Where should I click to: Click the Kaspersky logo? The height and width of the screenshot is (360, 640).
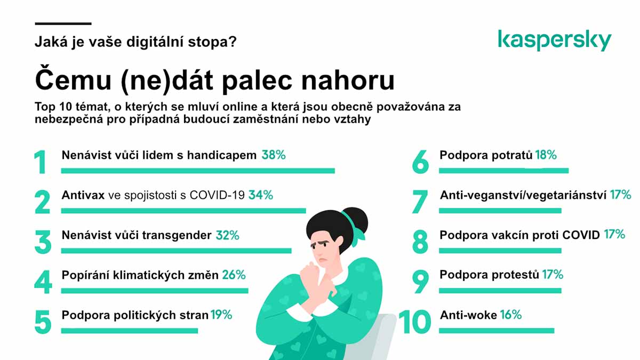(x=555, y=41)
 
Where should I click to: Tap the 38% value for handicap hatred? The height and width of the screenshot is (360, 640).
(x=274, y=155)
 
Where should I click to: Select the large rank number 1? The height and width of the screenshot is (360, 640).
(x=41, y=162)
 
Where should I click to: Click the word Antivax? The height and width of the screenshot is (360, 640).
(x=83, y=195)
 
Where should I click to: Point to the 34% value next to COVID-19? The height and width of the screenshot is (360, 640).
(x=261, y=195)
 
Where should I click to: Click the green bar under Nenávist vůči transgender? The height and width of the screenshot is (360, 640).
(x=177, y=251)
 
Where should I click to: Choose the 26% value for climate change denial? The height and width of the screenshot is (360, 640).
(x=234, y=275)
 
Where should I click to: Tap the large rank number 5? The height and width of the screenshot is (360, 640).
(x=43, y=322)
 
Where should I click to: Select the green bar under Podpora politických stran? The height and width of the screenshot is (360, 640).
(x=130, y=331)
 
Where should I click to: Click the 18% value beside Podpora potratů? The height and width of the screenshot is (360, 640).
(x=546, y=155)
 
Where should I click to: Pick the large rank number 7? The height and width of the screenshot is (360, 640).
(x=420, y=202)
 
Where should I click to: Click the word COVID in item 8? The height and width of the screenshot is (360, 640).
(x=581, y=235)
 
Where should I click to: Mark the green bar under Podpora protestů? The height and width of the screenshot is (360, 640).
(x=500, y=291)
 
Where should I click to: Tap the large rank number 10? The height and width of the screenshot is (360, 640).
(x=414, y=322)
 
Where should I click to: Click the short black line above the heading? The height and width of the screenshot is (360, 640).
(x=63, y=23)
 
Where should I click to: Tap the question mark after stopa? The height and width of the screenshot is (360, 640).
(x=233, y=42)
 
